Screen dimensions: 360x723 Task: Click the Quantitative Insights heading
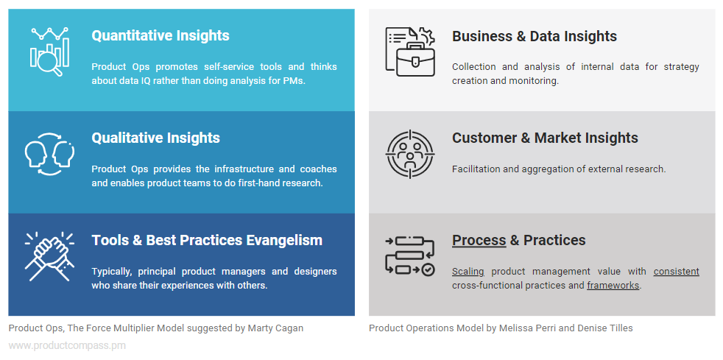coord(160,36)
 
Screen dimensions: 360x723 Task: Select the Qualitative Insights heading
coord(155,138)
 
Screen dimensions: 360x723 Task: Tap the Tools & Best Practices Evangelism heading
coord(207,241)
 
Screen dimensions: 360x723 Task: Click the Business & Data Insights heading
coord(534,37)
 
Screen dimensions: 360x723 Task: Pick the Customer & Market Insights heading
coord(545,138)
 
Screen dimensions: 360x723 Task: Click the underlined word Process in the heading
coord(479,241)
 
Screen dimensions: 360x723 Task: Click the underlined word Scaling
coord(468,272)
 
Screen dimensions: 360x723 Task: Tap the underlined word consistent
coord(676,272)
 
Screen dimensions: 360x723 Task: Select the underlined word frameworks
coord(613,286)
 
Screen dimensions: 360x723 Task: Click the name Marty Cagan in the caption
coord(275,328)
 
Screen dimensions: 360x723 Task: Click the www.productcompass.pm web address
coord(67,345)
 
